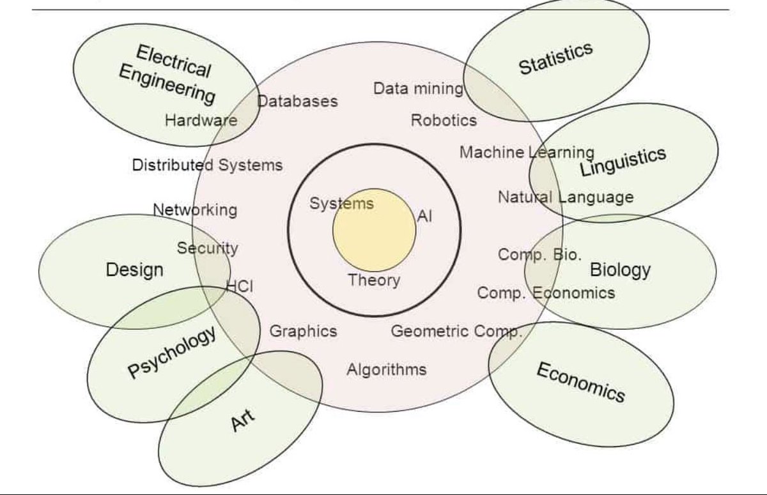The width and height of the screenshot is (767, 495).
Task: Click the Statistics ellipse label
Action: [555, 58]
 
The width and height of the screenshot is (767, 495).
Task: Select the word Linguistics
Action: [623, 161]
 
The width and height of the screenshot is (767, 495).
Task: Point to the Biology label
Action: [619, 270]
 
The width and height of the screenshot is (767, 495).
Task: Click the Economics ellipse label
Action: [580, 382]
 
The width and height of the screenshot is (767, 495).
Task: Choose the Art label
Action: [243, 420]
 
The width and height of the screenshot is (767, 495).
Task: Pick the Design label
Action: [134, 270]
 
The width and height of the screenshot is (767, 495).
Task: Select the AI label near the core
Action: [424, 217]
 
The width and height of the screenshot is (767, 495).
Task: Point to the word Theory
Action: [374, 280]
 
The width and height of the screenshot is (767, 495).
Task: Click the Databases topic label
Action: [297, 101]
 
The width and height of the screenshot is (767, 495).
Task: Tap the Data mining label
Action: [418, 89]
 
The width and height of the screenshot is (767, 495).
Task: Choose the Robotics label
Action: [444, 120]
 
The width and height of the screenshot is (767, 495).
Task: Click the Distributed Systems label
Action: [207, 165]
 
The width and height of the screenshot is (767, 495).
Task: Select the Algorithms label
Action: [386, 369]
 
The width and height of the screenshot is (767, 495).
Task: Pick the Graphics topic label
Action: [303, 331]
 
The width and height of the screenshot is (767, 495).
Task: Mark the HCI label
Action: [240, 287]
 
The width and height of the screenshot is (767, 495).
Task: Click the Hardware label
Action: [201, 120]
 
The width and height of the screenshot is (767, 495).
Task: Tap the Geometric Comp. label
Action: [456, 331]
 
